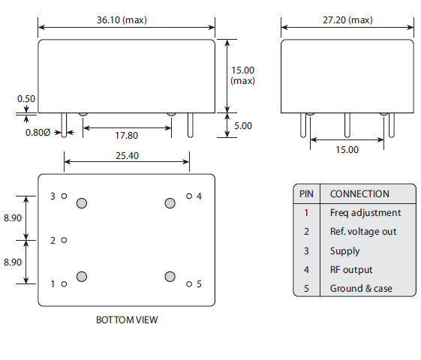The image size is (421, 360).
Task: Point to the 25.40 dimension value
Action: pyautogui.click(x=125, y=156)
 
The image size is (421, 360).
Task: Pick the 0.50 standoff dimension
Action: pyautogui.click(x=26, y=98)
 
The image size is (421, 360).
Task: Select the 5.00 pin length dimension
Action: pyautogui.click(x=242, y=125)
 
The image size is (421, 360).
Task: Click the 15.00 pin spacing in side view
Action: pyautogui.click(x=347, y=149)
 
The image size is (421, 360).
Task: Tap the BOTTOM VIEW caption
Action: pyautogui.click(x=127, y=319)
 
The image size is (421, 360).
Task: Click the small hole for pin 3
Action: pyautogui.click(x=65, y=196)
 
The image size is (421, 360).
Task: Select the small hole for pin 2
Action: pyautogui.click(x=65, y=240)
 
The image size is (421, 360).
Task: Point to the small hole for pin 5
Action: pyautogui.click(x=189, y=283)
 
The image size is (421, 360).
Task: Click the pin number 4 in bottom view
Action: pyautogui.click(x=199, y=196)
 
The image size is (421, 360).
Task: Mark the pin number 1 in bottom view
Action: pyautogui.click(x=53, y=284)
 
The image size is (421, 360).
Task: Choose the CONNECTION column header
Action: pyautogui.click(x=359, y=193)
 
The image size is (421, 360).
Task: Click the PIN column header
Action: pyautogui.click(x=306, y=193)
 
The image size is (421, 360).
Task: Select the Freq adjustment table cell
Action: pyautogui.click(x=365, y=212)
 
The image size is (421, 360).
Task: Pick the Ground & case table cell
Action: pyautogui.click(x=361, y=289)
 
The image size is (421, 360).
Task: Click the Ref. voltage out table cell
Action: pyautogui.click(x=363, y=232)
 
